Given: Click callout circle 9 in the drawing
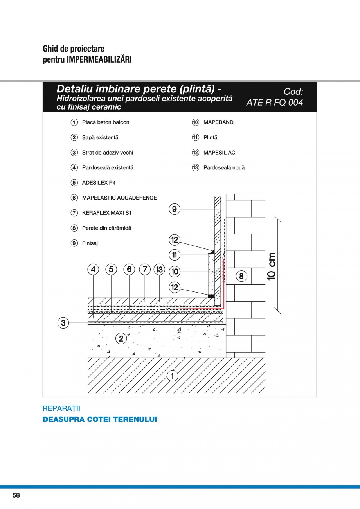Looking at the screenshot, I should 175,209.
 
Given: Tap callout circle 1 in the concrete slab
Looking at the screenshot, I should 172,376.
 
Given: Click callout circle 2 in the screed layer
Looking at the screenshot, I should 121,338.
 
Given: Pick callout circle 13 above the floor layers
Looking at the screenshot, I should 159,269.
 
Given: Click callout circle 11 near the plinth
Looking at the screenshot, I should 175,255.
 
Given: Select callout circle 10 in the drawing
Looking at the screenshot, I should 175,271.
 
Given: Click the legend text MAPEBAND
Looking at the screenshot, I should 218,122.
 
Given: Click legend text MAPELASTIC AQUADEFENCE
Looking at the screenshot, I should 119,198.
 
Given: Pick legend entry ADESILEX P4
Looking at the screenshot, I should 99,183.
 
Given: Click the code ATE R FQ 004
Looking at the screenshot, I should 275,103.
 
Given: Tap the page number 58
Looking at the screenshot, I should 16,495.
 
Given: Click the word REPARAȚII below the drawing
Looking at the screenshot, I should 61,408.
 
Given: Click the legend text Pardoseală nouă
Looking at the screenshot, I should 224,168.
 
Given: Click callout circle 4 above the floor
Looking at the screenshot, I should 93,269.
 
